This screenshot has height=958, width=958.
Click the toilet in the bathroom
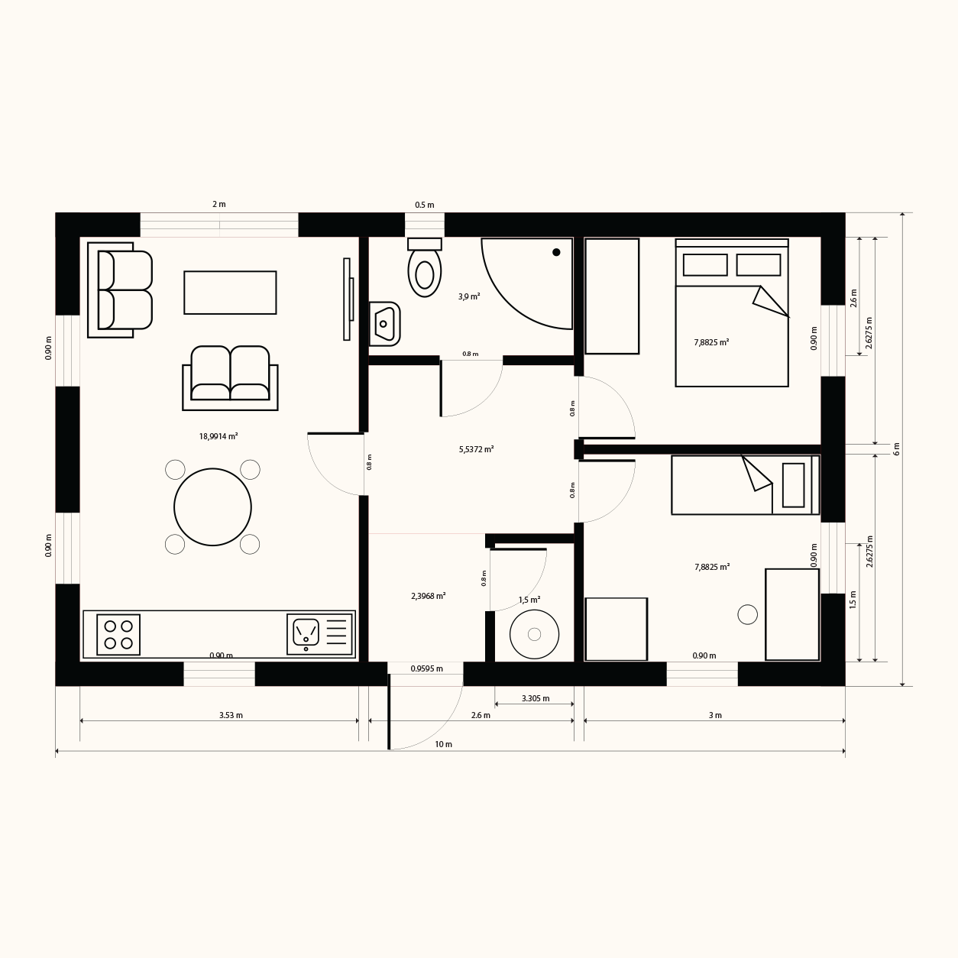pyautogui.click(x=425, y=267)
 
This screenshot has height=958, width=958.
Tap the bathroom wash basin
pyautogui.click(x=385, y=324)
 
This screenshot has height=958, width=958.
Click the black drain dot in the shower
pyautogui.click(x=556, y=252)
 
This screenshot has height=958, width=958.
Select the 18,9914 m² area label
pyautogui.click(x=218, y=436)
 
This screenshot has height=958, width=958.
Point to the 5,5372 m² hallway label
pyautogui.click(x=476, y=449)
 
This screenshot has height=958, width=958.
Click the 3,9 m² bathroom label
pyautogui.click(x=469, y=296)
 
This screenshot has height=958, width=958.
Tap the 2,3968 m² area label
pyautogui.click(x=428, y=596)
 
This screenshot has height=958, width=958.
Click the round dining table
pyautogui.click(x=213, y=507)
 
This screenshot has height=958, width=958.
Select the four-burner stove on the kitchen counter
pyautogui.click(x=118, y=635)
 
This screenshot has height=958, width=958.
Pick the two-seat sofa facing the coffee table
pyautogui.click(x=230, y=378)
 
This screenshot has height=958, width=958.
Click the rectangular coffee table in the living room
pyautogui.click(x=230, y=293)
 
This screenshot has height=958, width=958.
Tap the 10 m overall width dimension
pyautogui.click(x=443, y=744)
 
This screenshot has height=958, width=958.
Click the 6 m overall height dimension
pyautogui.click(x=896, y=449)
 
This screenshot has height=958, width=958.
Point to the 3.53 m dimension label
pyautogui.click(x=231, y=715)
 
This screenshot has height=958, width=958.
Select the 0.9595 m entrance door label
pyautogui.click(x=426, y=668)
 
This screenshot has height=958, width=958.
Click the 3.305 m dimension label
pyautogui.click(x=536, y=698)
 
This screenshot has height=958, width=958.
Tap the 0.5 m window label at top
pyautogui.click(x=425, y=205)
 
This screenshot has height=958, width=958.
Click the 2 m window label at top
pyautogui.click(x=219, y=204)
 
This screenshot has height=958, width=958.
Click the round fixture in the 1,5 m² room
pyautogui.click(x=535, y=634)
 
